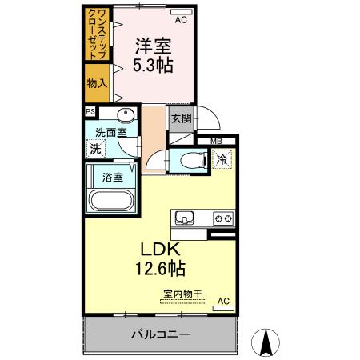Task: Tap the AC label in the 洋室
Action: [182, 19]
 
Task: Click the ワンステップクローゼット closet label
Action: [98, 34]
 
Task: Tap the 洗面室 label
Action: [111, 133]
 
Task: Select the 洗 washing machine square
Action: [95, 148]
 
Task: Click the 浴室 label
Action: [111, 177]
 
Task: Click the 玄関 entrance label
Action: [179, 118]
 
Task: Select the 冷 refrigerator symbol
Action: [222, 158]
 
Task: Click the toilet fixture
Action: [186, 158]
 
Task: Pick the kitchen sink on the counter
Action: [183, 217]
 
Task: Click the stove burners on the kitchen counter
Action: [222, 218]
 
